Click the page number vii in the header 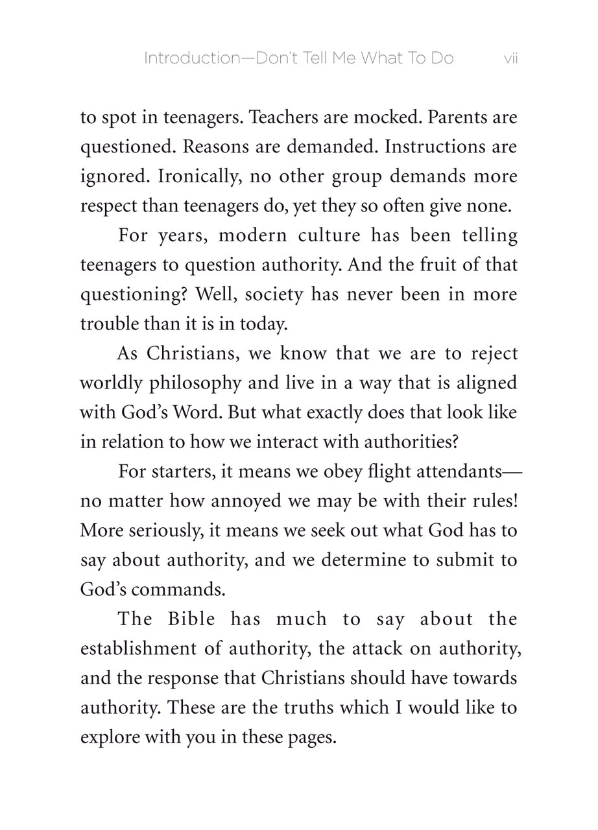[x=510, y=59]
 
